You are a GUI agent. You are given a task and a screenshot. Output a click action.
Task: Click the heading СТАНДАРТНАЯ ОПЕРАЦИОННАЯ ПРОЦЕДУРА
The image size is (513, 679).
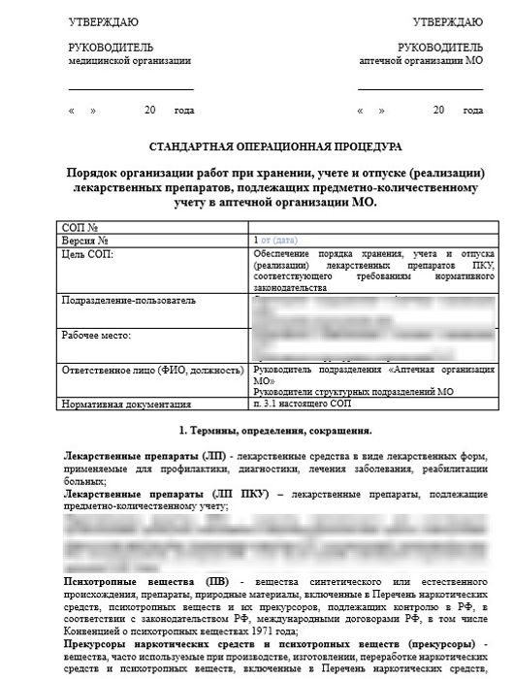(273, 146)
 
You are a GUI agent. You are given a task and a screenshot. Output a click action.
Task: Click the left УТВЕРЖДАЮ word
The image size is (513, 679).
(103, 20)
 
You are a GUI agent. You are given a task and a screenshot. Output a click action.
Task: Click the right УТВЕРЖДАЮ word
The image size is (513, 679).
(447, 20)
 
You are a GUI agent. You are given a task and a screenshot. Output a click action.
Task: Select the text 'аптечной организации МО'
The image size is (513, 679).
(421, 59)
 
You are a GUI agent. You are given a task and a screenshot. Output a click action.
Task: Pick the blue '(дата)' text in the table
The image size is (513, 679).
(287, 239)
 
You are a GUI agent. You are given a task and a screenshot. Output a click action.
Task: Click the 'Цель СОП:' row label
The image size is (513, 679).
(87, 251)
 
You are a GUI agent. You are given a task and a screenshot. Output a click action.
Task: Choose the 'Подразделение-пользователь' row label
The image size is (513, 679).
(121, 301)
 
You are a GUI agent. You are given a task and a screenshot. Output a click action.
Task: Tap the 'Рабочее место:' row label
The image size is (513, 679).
(96, 336)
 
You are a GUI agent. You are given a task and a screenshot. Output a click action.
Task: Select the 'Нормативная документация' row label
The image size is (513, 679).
(120, 404)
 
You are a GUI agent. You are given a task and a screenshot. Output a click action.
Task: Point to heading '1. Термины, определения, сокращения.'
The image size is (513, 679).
(274, 429)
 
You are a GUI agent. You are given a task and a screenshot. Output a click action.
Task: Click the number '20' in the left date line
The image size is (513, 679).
(150, 111)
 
